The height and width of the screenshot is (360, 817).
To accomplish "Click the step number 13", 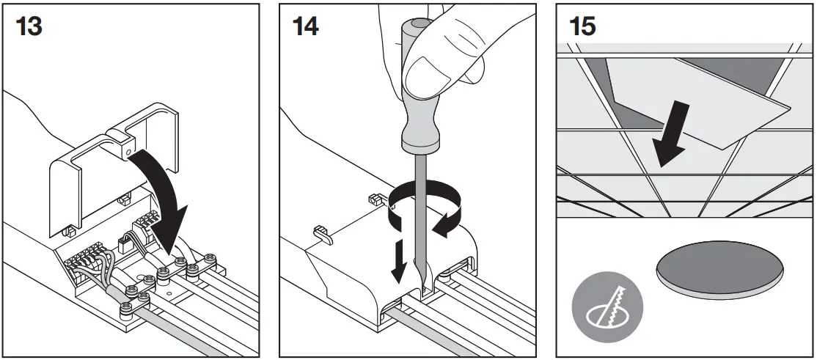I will pyautogui.click(x=29, y=26).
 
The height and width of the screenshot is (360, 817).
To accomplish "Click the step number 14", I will pyautogui.click(x=305, y=26).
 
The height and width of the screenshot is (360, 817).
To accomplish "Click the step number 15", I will pyautogui.click(x=582, y=26).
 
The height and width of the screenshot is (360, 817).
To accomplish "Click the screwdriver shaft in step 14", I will pyautogui.click(x=419, y=213).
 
